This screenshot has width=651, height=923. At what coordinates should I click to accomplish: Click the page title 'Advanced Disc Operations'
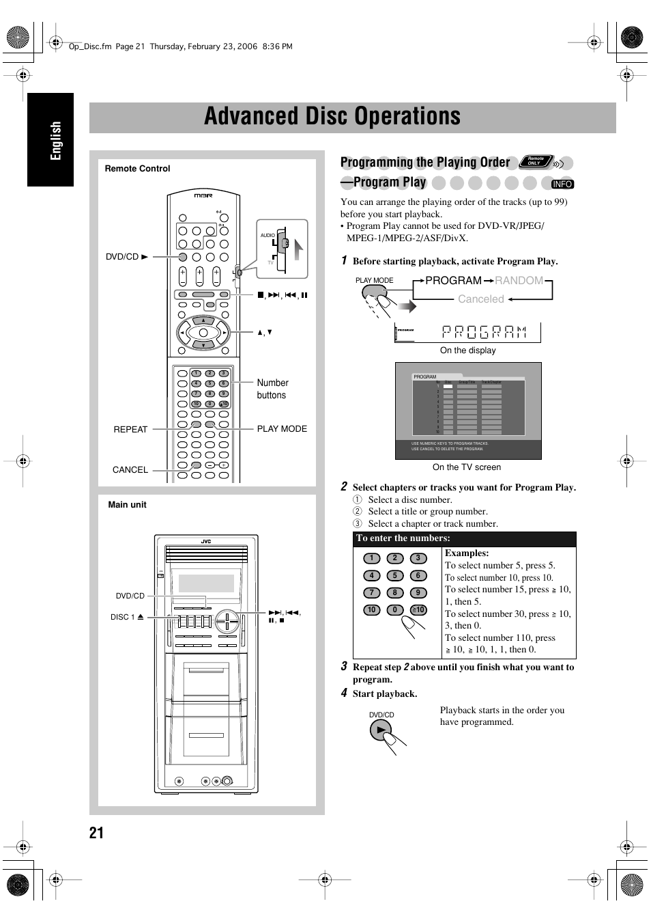(x=332, y=117)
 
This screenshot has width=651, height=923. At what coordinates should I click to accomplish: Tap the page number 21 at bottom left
(x=96, y=832)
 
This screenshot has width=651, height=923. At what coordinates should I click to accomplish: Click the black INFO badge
(x=562, y=184)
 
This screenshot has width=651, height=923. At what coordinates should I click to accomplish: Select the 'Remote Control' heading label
(x=137, y=169)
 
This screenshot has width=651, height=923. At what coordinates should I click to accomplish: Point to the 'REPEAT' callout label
(x=130, y=430)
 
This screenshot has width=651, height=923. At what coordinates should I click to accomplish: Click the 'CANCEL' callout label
(x=130, y=470)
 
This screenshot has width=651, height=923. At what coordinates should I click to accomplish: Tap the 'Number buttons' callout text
(x=272, y=389)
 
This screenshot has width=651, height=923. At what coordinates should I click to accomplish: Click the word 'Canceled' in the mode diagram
(x=480, y=299)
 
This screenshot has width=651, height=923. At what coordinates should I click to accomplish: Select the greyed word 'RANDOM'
(x=519, y=281)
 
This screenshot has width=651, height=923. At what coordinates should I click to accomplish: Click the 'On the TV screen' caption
(x=467, y=467)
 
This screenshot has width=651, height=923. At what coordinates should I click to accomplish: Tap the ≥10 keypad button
(x=418, y=610)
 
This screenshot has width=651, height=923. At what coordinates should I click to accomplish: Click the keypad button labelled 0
(x=394, y=610)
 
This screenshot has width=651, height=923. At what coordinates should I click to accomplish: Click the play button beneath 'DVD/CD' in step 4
(x=379, y=731)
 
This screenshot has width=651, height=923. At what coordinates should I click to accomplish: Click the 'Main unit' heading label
(x=127, y=505)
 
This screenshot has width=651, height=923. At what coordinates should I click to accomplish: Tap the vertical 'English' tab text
(x=55, y=141)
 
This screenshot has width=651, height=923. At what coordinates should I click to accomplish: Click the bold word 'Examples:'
(x=467, y=553)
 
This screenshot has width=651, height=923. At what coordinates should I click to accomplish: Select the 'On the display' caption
(x=467, y=350)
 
